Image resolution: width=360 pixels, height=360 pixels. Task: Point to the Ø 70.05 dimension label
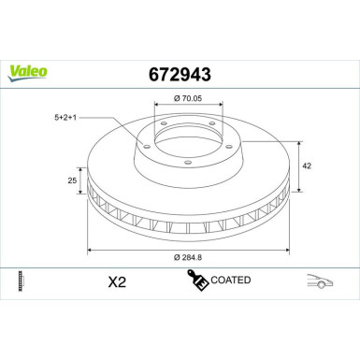(191, 96)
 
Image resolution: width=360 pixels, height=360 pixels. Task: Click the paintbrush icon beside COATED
(197, 280)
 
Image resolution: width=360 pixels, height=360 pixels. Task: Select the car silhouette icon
(322, 281)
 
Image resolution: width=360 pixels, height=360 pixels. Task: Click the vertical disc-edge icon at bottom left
(20, 281)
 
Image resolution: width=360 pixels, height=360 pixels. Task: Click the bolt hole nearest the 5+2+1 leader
(162, 130)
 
